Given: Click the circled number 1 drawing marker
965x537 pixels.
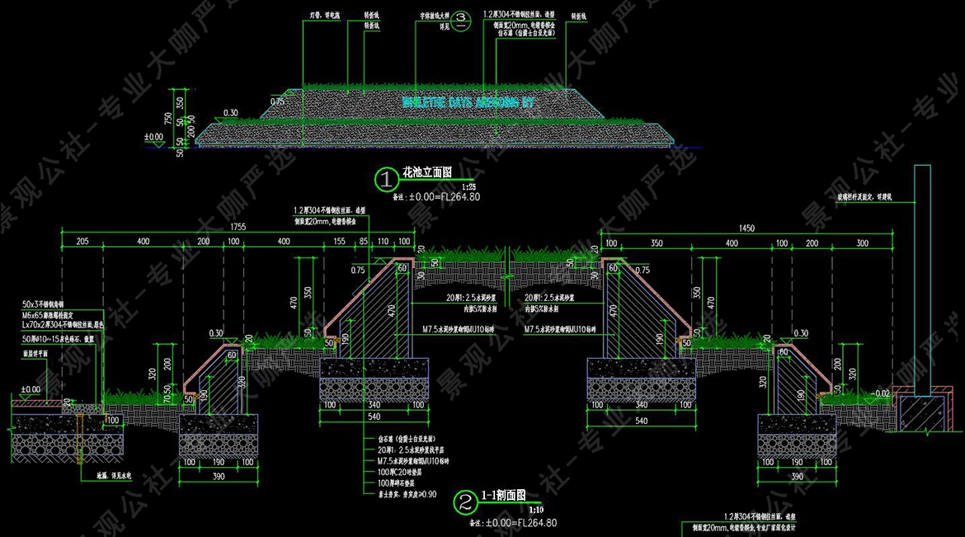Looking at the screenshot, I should coord(385,177).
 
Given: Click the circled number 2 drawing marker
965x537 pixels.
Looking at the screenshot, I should coord(464,502).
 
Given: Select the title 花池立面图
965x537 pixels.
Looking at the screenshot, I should coord(426,173).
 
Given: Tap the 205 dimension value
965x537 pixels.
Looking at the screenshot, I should coord(82,242).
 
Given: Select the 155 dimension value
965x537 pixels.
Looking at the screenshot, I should coord(340,242).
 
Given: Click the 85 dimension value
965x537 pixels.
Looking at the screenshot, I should coord(364,242).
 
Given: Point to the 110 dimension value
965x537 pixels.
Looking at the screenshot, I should coord(383,242).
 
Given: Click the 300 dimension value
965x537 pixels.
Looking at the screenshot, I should coord(863,243).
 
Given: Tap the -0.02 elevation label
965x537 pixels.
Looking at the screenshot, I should coord(883,393).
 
